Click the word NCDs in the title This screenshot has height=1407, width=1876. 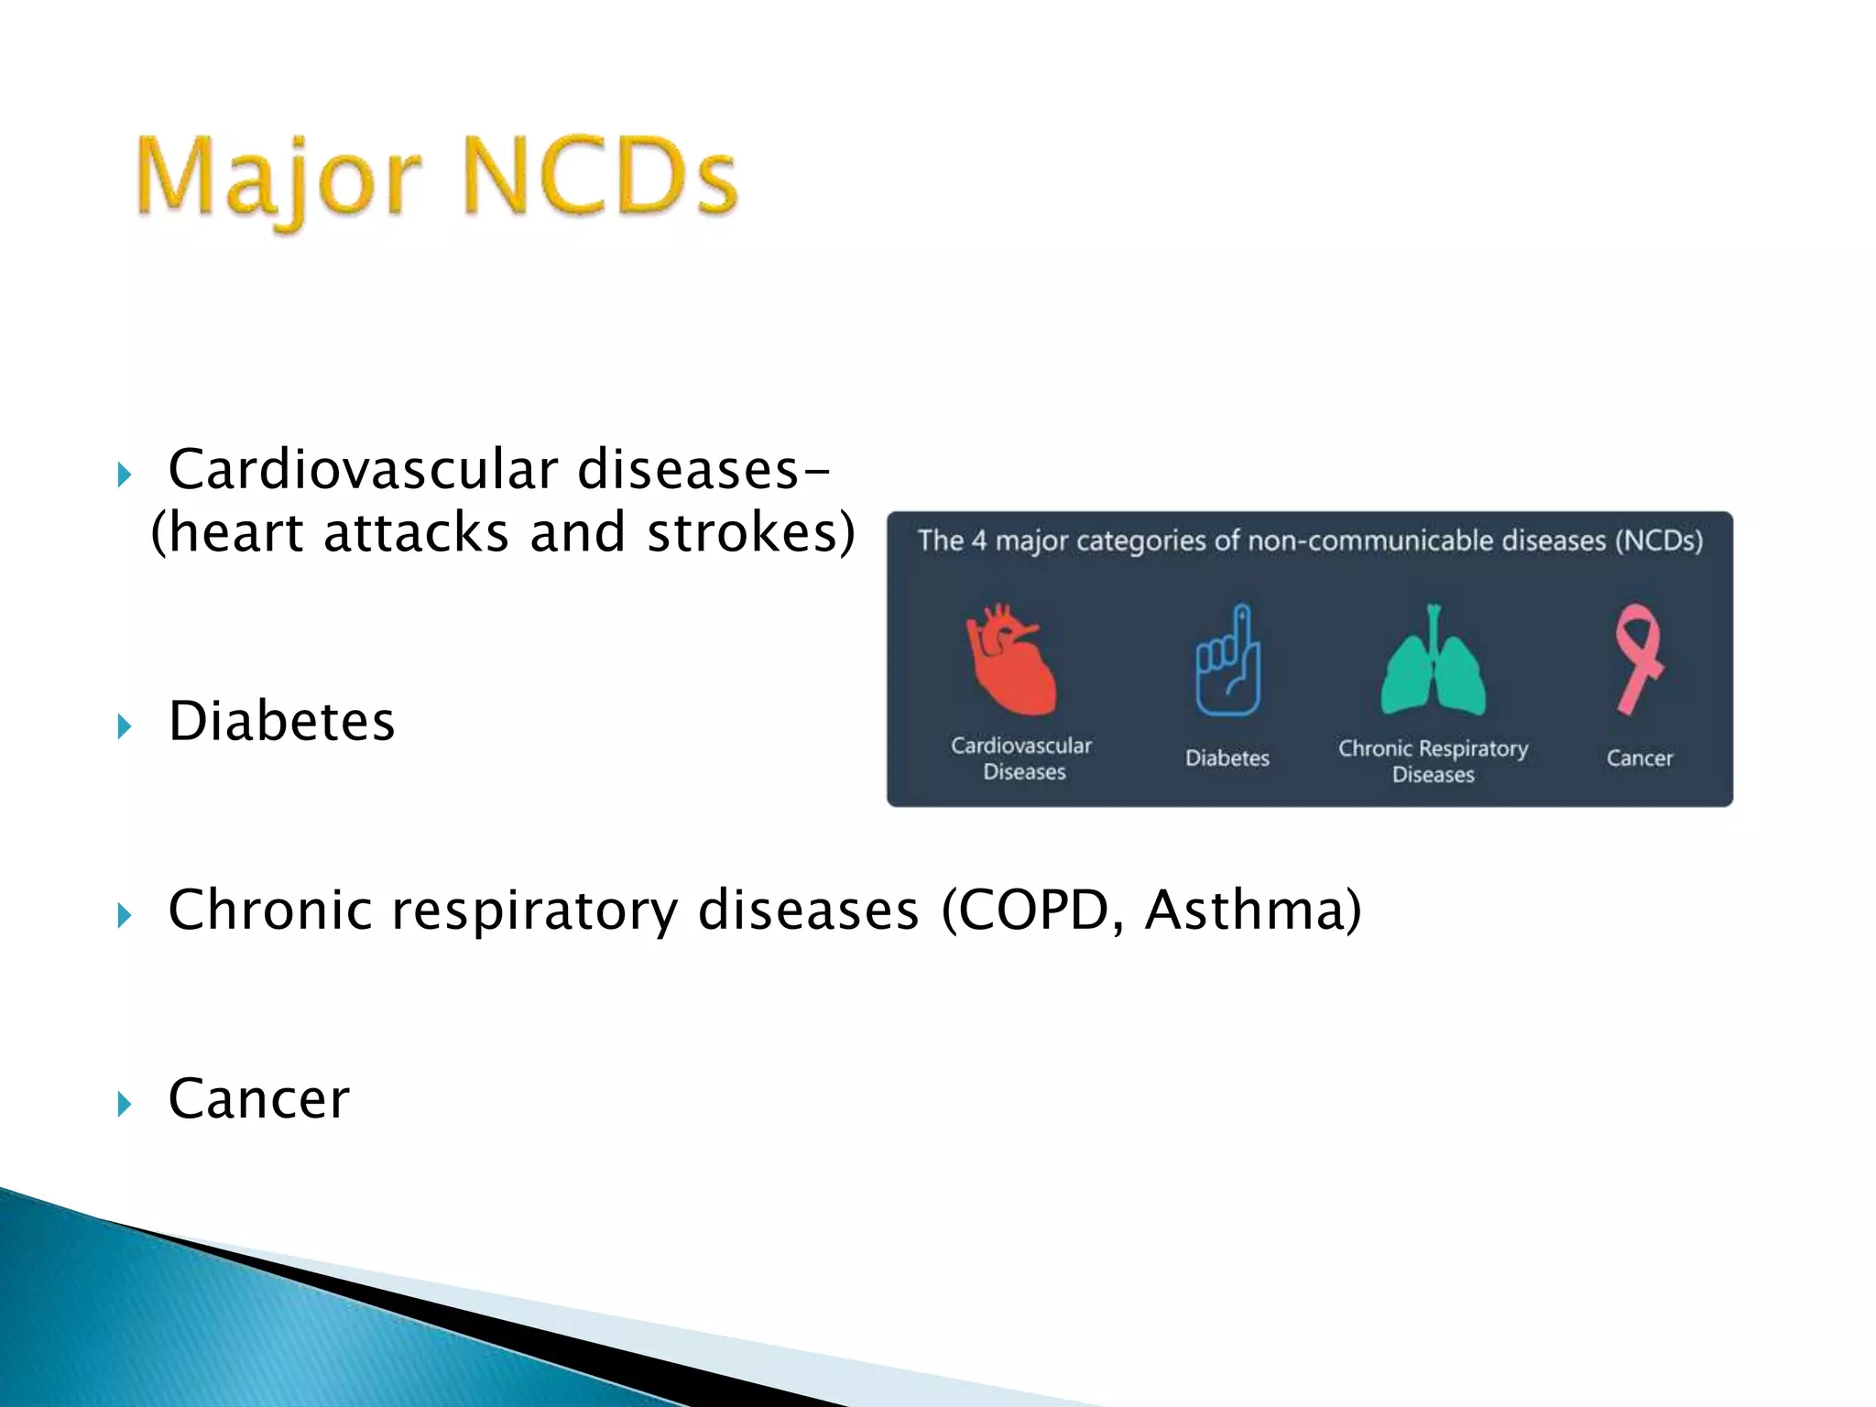tap(600, 176)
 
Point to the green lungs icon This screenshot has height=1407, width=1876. tap(1433, 661)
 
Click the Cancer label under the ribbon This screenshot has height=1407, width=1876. tap(1639, 758)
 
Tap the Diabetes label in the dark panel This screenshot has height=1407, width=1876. tap(1227, 758)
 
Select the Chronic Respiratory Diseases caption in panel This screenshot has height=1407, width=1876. tap(1433, 761)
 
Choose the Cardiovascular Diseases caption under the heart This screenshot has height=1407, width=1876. tap(1022, 758)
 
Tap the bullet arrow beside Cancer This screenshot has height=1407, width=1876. tap(125, 1105)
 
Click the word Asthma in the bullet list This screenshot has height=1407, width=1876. tap(1252, 911)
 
